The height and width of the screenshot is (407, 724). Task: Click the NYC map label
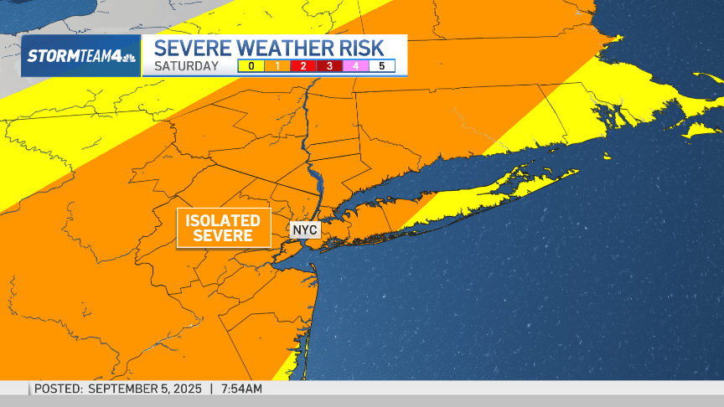pyautogui.click(x=305, y=229)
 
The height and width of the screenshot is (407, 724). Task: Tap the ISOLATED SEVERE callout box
pyautogui.click(x=223, y=228)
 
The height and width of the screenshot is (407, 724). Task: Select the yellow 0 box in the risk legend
pyautogui.click(x=251, y=65)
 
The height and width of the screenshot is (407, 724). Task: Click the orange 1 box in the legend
pyautogui.click(x=277, y=65)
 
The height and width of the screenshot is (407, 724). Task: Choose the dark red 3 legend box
pyautogui.click(x=329, y=65)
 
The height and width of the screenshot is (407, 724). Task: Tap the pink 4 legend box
pyautogui.click(x=355, y=65)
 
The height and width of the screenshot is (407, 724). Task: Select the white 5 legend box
pyautogui.click(x=382, y=65)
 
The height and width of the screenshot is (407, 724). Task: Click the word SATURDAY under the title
pyautogui.click(x=186, y=66)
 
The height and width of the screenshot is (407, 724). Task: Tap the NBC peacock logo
pyautogui.click(x=131, y=56)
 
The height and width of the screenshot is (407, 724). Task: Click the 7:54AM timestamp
pyautogui.click(x=241, y=389)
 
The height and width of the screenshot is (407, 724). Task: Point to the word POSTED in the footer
pyautogui.click(x=58, y=389)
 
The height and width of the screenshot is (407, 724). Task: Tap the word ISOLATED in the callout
pyautogui.click(x=223, y=220)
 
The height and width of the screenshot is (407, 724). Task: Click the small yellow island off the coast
pyautogui.click(x=701, y=130)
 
